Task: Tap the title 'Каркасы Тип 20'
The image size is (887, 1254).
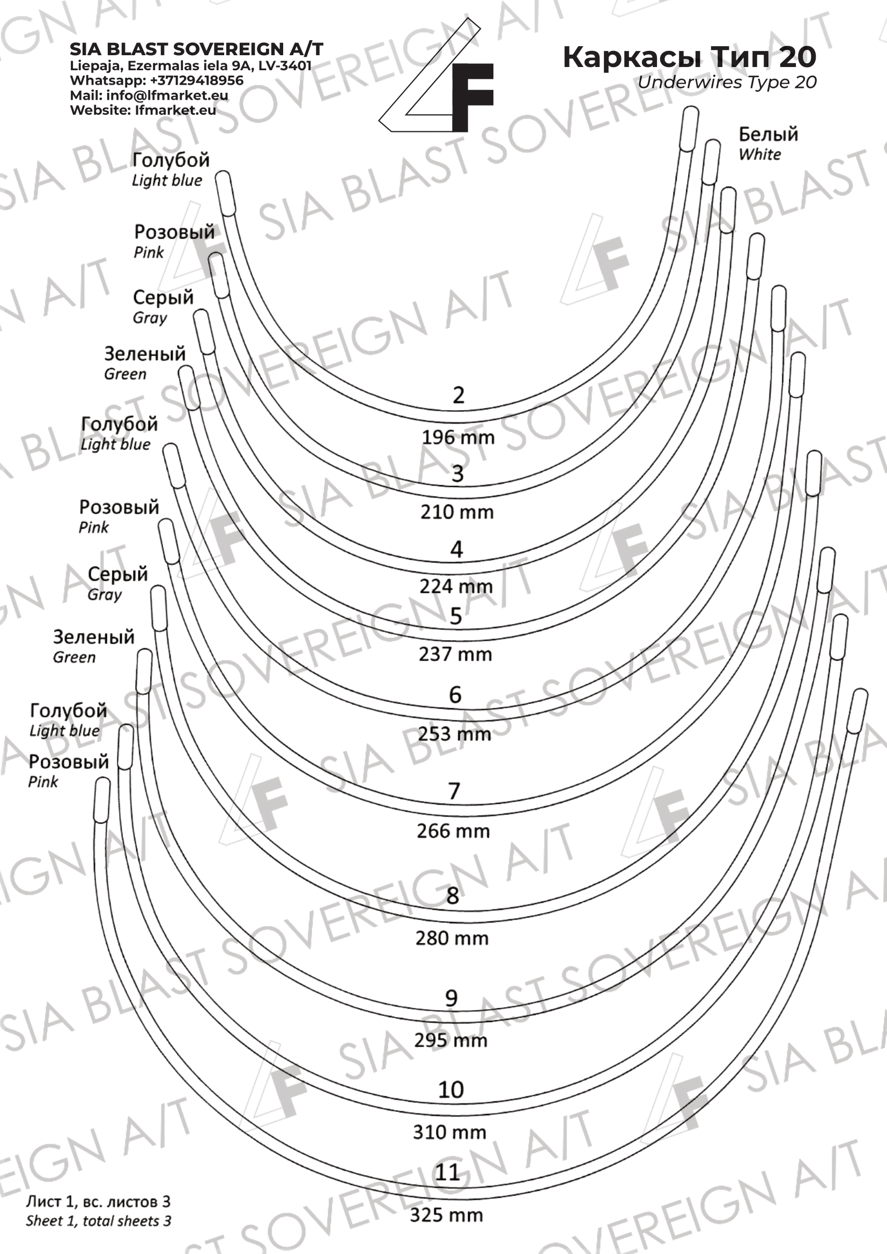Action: (689, 57)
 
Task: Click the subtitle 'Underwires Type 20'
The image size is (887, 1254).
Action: (727, 83)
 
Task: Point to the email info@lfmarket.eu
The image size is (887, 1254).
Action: (167, 95)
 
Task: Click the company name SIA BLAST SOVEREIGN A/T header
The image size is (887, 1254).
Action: (196, 49)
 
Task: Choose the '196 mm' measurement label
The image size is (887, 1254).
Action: (457, 437)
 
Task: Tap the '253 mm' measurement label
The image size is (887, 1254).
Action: (454, 734)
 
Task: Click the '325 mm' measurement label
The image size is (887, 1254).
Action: (446, 1215)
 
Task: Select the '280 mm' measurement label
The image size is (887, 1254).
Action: (452, 938)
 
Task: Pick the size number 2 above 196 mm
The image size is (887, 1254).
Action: (458, 396)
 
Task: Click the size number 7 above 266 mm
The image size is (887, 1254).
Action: (454, 791)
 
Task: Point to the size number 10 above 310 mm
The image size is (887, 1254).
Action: (450, 1089)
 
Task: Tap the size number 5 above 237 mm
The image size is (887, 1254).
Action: (456, 616)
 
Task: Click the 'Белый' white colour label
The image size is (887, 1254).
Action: (768, 135)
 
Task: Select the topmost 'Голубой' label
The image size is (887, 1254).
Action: (171, 160)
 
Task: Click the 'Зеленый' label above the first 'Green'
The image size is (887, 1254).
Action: (145, 354)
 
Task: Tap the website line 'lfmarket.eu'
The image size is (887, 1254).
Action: (175, 110)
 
